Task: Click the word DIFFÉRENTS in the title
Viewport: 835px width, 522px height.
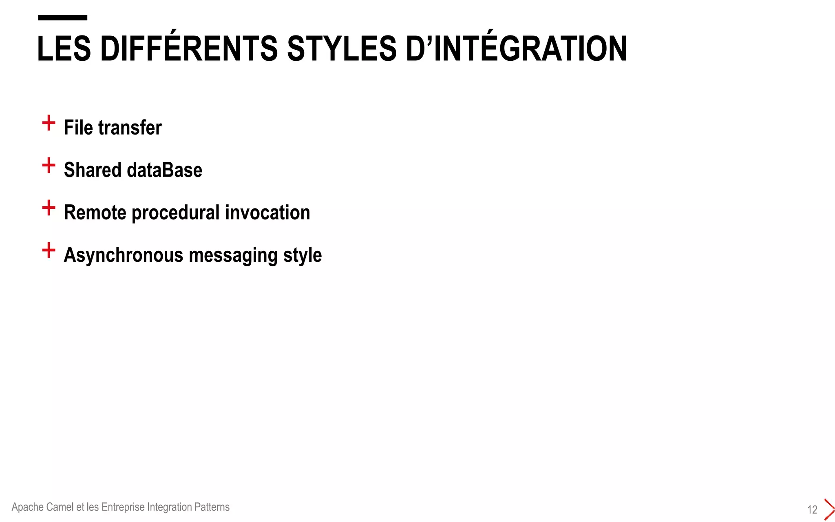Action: [x=189, y=49]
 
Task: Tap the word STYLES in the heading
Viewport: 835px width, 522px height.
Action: [x=342, y=49]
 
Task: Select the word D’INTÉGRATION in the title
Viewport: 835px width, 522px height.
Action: [x=516, y=49]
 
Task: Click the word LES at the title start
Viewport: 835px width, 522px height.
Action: [x=64, y=49]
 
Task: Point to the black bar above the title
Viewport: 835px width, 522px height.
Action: [x=62, y=18]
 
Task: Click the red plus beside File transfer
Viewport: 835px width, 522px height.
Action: [x=49, y=123]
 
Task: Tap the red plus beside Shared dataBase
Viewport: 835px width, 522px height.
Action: [x=49, y=165]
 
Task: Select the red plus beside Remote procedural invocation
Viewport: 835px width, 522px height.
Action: [x=49, y=208]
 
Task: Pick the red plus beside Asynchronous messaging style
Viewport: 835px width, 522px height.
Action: [x=49, y=250]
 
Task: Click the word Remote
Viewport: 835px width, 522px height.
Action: [x=95, y=212]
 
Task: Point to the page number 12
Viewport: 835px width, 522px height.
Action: [x=812, y=509]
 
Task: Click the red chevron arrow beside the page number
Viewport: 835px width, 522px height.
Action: [x=829, y=509]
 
